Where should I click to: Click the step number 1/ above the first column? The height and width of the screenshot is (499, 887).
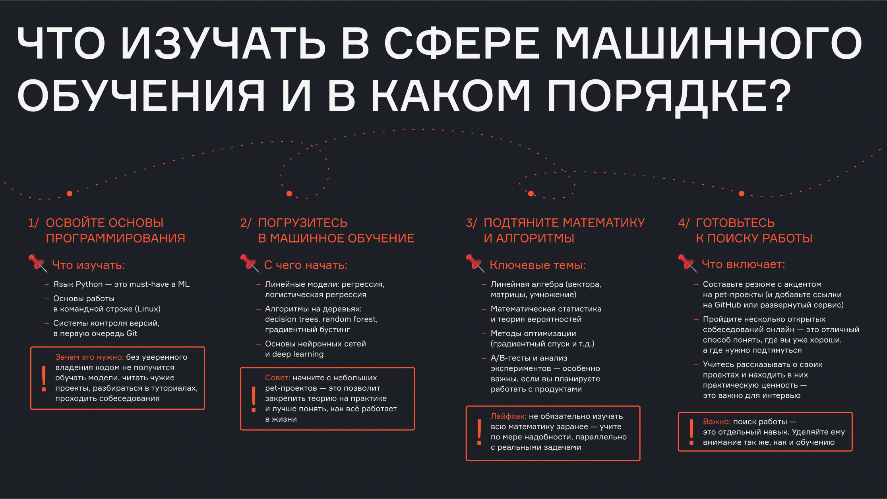coord(33,223)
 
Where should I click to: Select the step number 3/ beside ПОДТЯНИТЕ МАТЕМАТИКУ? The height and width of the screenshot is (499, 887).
coord(471,223)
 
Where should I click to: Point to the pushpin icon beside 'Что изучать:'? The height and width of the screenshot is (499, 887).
coord(38,263)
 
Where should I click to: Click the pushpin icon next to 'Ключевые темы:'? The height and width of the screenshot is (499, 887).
coord(475,263)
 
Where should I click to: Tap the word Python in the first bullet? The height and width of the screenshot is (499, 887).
coord(89,284)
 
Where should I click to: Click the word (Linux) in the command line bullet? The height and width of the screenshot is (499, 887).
coord(147,309)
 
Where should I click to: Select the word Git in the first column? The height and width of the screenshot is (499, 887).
coord(132,333)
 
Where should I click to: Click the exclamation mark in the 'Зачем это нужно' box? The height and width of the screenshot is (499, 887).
coord(44,379)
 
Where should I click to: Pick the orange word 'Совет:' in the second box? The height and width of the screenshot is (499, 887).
coord(278,378)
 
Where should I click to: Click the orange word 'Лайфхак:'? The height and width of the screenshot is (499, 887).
coord(508,416)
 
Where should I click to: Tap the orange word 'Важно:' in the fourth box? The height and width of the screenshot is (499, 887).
coord(717,422)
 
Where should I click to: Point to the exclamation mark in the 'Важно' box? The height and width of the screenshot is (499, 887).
coord(691,432)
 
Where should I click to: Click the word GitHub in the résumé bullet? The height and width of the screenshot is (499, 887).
coord(728,305)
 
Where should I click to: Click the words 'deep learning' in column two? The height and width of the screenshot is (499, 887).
coord(298,354)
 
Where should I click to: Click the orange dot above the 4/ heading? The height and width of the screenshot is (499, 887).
coord(741,193)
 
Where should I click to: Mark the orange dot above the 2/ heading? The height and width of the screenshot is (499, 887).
coord(289,193)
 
